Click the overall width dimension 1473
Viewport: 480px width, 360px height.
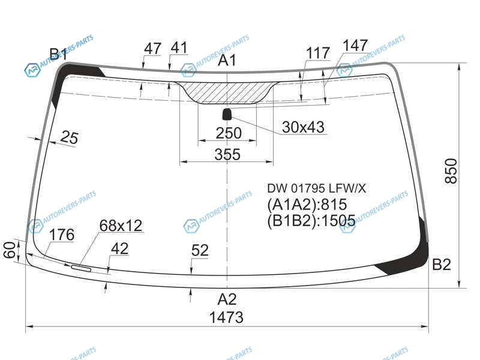pos(226,317)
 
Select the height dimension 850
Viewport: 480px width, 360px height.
pos(451,171)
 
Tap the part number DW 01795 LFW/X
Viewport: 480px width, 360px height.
pos(317,188)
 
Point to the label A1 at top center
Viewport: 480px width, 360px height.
pos(227,60)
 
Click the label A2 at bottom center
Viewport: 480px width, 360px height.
pos(227,299)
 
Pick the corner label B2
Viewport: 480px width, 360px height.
pos(442,265)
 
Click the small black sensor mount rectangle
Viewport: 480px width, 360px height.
pos(227,114)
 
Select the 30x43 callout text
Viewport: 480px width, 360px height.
pos(303,127)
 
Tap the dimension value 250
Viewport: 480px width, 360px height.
pos(229,133)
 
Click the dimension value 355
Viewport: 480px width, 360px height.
pos(227,154)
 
